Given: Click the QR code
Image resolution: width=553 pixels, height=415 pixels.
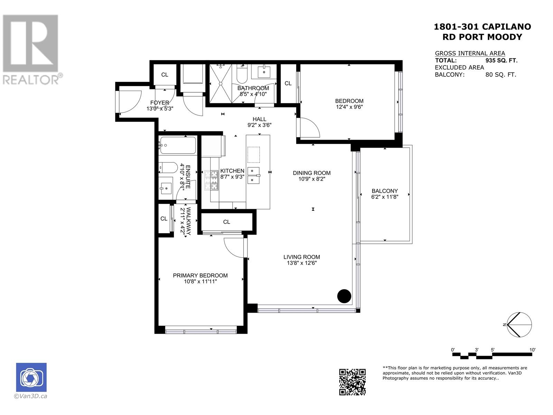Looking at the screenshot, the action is point(352,382).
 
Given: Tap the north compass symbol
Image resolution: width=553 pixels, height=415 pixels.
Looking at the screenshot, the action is point(519,324).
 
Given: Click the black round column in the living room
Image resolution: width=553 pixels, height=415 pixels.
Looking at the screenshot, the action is point(344,296).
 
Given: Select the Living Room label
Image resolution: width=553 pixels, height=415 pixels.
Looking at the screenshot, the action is point(302,257).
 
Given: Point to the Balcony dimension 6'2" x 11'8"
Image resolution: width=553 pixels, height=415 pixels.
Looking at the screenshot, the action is point(385,197).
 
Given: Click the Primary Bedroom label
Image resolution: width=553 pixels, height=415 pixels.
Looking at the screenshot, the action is point(200,275).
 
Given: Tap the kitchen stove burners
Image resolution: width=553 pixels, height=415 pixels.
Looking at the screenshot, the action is point(211,181).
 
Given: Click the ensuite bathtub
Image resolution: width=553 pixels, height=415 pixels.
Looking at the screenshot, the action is point(178,145).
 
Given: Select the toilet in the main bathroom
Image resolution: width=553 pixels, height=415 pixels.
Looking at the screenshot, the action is point(242,74).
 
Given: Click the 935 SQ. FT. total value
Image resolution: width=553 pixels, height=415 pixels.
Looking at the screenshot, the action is point(502,61).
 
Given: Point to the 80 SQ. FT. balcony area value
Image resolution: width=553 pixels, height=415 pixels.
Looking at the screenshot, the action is point(501,75).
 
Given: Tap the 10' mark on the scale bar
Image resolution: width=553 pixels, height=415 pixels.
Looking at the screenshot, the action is point(532,350).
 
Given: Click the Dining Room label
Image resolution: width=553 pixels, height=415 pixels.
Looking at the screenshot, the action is point(312,173).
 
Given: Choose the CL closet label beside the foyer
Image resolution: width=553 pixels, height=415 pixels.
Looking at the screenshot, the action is point(165,75).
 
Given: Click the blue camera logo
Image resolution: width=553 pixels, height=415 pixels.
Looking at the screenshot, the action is point(31,377).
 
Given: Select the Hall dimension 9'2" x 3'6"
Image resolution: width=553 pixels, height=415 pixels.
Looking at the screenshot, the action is point(259,125).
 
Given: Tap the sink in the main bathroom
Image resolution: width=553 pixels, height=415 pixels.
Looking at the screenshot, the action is point(264,72).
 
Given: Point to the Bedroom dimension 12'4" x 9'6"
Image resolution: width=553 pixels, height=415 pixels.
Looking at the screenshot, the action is point(349,107).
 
